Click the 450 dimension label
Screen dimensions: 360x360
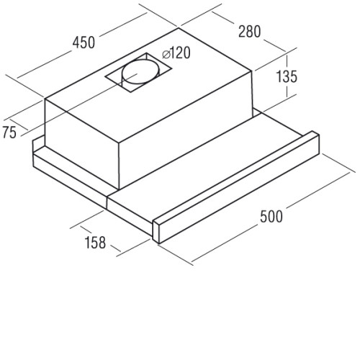point(84,42)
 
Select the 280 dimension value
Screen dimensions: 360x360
point(249,32)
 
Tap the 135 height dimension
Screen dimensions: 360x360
point(287,76)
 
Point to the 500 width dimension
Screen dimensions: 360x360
point(271,217)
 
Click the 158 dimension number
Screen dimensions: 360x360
point(95,243)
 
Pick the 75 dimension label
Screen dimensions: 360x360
point(9,132)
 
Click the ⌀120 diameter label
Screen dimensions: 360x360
point(176,53)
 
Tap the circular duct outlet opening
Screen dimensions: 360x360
point(141,71)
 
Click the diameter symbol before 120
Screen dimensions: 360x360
point(166,55)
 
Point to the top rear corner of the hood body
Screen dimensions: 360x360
point(179,28)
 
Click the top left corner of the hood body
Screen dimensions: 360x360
point(45,99)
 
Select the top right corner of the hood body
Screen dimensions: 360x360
point(252,71)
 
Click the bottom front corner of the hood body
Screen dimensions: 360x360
point(119,189)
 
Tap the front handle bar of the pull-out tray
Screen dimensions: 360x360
point(236,187)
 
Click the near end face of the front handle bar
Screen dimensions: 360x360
point(156,231)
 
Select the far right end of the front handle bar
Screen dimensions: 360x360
point(319,144)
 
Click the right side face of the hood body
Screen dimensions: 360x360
point(185,130)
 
